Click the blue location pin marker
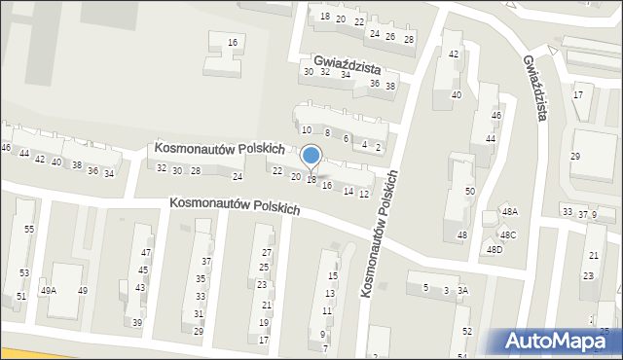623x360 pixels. click(311, 158)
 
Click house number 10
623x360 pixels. click(306, 130)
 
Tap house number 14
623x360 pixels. click(348, 191)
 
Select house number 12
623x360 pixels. click(364, 195)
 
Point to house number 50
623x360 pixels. click(470, 192)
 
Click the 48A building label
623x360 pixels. click(509, 212)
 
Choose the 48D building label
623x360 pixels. click(495, 250)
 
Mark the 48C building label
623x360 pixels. click(508, 234)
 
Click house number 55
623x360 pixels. click(29, 229)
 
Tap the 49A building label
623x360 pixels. click(48, 291)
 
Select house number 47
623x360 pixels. click(146, 253)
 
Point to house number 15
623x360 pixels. click(333, 276)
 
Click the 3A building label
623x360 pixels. click(463, 291)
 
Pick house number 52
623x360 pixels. click(467, 332)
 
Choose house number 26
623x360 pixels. click(390, 37)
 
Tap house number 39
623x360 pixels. click(137, 323)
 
